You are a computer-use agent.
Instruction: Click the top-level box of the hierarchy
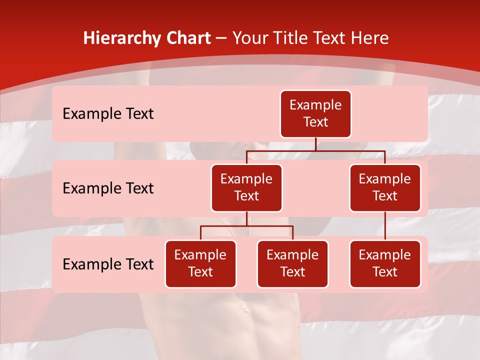[x=315, y=114]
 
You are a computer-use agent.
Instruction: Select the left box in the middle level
[x=246, y=188]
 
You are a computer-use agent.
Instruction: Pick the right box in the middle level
[x=385, y=188]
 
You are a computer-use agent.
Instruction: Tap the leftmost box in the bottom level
[x=200, y=264]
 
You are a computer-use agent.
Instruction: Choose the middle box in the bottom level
[x=292, y=264]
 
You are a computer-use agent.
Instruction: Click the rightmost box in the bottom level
[x=385, y=264]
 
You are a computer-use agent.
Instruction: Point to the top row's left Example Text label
[x=108, y=114]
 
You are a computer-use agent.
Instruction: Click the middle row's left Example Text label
[x=108, y=188]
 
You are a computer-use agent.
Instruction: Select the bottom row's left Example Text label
[x=108, y=264]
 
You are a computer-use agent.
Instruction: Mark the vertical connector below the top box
[x=315, y=144]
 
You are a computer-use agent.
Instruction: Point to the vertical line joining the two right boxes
[x=385, y=226]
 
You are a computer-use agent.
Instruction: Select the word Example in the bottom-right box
[x=385, y=255]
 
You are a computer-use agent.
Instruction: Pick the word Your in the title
[x=248, y=38]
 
